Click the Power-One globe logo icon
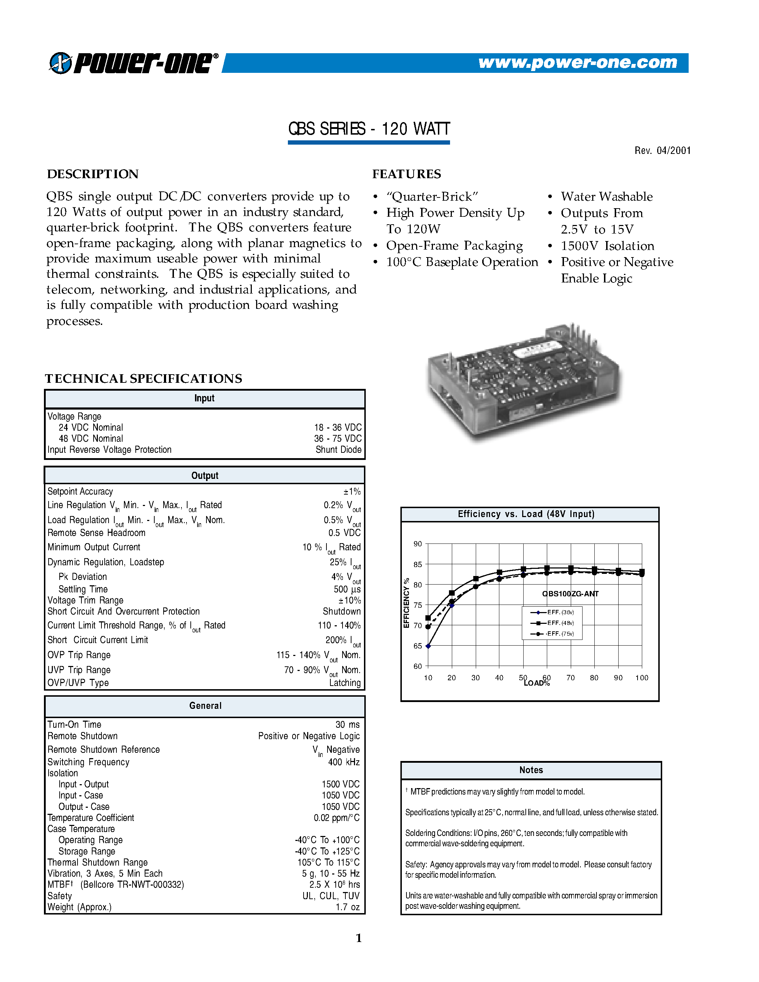click(60, 63)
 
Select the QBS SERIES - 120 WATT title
click(369, 129)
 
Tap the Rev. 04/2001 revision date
click(662, 151)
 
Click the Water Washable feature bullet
click(606, 196)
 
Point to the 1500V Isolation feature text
click(607, 246)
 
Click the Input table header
click(204, 399)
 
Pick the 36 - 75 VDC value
click(338, 439)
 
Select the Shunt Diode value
click(338, 450)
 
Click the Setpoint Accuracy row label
click(80, 491)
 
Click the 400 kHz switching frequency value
click(344, 762)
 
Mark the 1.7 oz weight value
click(347, 907)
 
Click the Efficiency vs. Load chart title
click(526, 514)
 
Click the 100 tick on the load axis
click(641, 678)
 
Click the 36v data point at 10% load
click(428, 646)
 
